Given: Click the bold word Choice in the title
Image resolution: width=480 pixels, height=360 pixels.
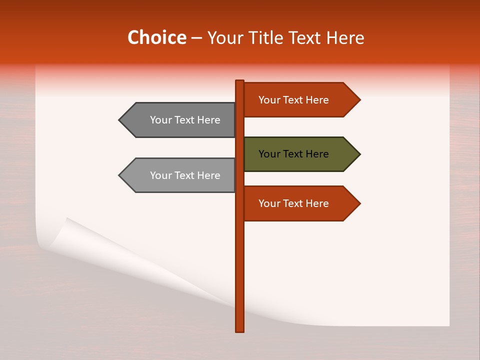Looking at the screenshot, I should pyautogui.click(x=156, y=37).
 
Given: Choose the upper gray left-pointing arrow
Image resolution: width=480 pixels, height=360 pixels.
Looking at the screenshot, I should pyautogui.click(x=180, y=120).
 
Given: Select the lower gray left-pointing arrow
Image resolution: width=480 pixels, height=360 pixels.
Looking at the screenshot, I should pyautogui.click(x=180, y=175).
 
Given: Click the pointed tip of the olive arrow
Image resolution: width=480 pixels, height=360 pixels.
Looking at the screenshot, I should pyautogui.click(x=359, y=154).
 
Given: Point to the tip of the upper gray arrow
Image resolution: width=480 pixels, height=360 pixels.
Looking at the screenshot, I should pyautogui.click(x=120, y=120).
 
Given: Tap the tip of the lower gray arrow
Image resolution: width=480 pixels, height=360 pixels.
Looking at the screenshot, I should pyautogui.click(x=120, y=175).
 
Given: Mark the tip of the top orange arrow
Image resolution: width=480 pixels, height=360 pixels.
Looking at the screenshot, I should pyautogui.click(x=359, y=100).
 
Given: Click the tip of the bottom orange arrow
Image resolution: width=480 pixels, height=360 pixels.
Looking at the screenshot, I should pyautogui.click(x=359, y=203).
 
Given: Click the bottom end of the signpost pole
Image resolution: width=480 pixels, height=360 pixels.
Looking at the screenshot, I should pyautogui.click(x=240, y=330).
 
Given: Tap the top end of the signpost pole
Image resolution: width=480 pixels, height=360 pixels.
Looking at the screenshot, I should pyautogui.click(x=240, y=81).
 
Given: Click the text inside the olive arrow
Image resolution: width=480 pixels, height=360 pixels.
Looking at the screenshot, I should pyautogui.click(x=293, y=154).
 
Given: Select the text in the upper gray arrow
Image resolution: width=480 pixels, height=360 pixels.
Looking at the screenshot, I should pyautogui.click(x=185, y=120).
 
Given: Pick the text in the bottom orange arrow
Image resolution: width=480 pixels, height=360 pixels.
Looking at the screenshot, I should pyautogui.click(x=293, y=203).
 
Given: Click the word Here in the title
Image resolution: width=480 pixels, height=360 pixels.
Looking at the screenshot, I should pyautogui.click(x=345, y=38).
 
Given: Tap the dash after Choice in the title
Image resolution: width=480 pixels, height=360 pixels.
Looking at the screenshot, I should pyautogui.click(x=196, y=38).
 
